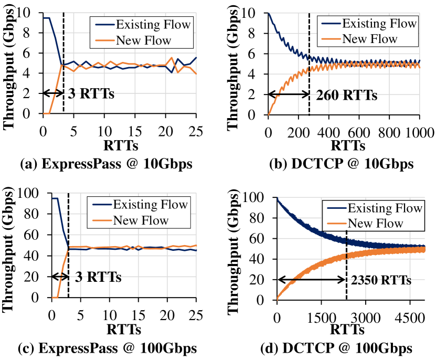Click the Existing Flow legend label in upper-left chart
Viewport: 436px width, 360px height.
[153, 24]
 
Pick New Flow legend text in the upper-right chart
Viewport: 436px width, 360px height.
[369, 39]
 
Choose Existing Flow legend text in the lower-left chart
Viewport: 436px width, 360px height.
[150, 205]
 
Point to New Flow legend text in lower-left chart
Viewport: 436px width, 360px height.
[141, 220]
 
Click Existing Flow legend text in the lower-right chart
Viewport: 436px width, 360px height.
[385, 208]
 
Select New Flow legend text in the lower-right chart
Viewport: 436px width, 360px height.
[375, 224]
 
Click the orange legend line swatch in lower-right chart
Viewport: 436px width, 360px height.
[336, 224]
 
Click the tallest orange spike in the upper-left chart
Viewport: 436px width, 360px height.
[172, 57]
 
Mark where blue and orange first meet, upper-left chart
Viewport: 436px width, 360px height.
[61, 65]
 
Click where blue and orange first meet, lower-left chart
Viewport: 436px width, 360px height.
[69, 248]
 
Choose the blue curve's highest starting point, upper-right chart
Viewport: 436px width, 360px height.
[269, 14]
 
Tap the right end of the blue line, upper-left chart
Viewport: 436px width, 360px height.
[196, 57]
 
